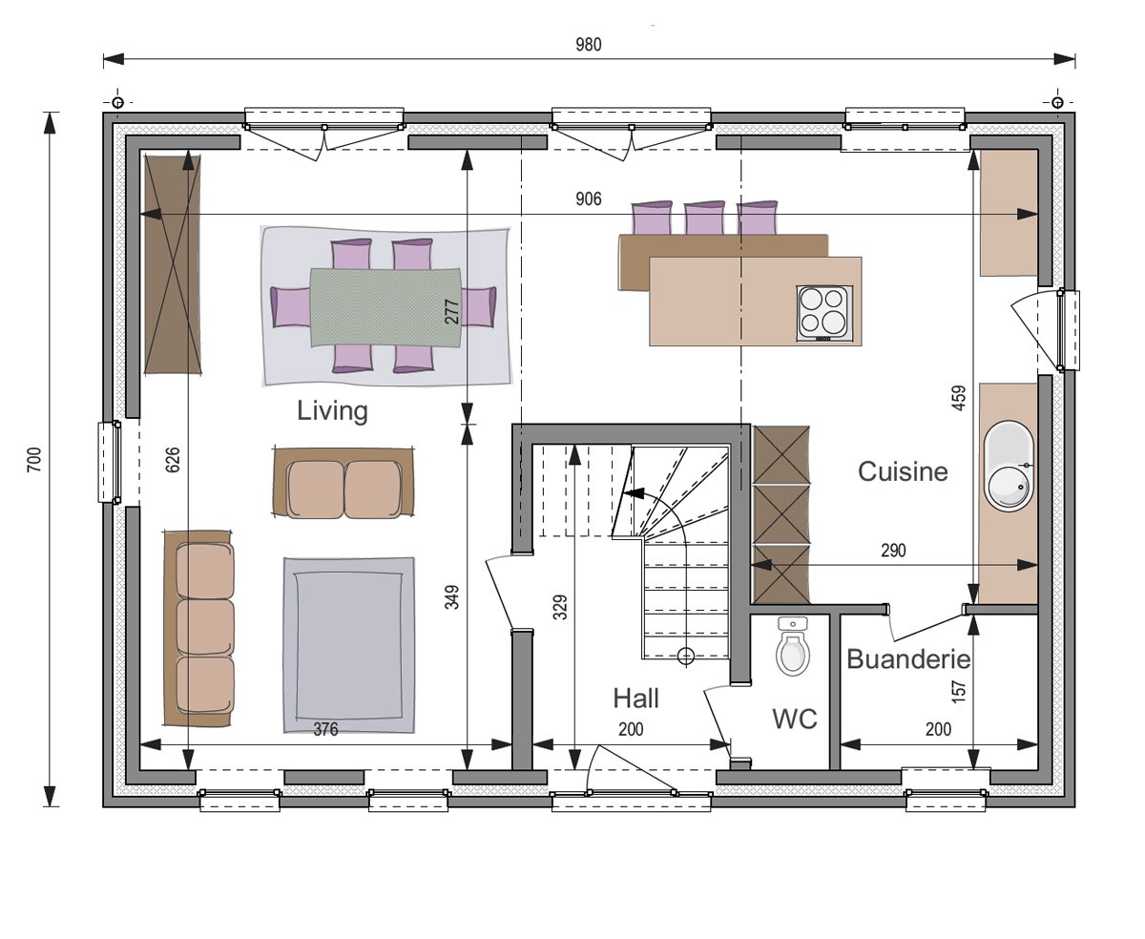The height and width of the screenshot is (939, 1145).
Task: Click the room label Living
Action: [x=332, y=411]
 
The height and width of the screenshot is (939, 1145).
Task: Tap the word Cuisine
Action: [x=903, y=471]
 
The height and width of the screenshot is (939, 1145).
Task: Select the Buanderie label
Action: [x=908, y=659]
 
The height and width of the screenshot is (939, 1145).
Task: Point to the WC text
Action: [x=794, y=720]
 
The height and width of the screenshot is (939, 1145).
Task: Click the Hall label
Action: [x=635, y=699]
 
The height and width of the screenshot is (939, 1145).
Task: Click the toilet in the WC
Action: [x=793, y=646]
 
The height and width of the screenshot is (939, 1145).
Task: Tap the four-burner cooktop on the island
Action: [x=824, y=313]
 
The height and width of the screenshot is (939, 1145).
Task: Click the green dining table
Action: [x=385, y=307]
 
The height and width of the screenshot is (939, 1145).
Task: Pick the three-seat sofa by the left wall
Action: [x=199, y=628]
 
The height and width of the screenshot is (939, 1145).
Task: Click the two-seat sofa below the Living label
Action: [x=343, y=483]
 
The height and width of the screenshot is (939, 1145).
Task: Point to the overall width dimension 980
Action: [x=589, y=45]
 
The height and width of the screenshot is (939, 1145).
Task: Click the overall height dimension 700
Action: [x=34, y=459]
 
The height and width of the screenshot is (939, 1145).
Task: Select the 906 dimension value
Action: [x=589, y=199]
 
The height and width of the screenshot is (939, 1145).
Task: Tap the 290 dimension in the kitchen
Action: [x=894, y=551]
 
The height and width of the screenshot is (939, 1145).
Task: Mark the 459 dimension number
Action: [x=960, y=398]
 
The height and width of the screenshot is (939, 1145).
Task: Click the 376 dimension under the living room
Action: [x=325, y=729]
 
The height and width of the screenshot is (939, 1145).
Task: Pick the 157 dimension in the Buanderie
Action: [x=960, y=692]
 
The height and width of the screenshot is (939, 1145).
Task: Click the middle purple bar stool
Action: [x=704, y=219]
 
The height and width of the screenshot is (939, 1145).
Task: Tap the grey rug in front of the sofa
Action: [x=348, y=645]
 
